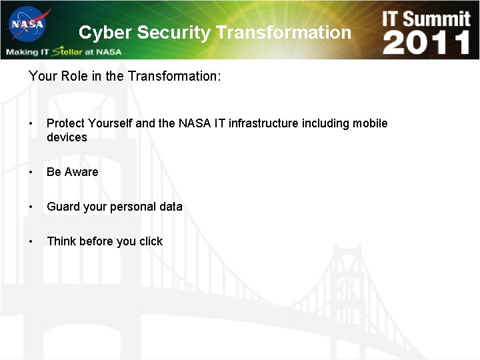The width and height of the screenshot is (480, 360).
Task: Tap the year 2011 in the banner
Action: (427, 42)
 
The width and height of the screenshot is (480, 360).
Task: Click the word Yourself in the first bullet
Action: (110, 123)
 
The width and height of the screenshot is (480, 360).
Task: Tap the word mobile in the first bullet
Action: (370, 123)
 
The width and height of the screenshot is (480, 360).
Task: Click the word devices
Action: (67, 137)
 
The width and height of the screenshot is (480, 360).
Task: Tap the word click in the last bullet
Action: (151, 241)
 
